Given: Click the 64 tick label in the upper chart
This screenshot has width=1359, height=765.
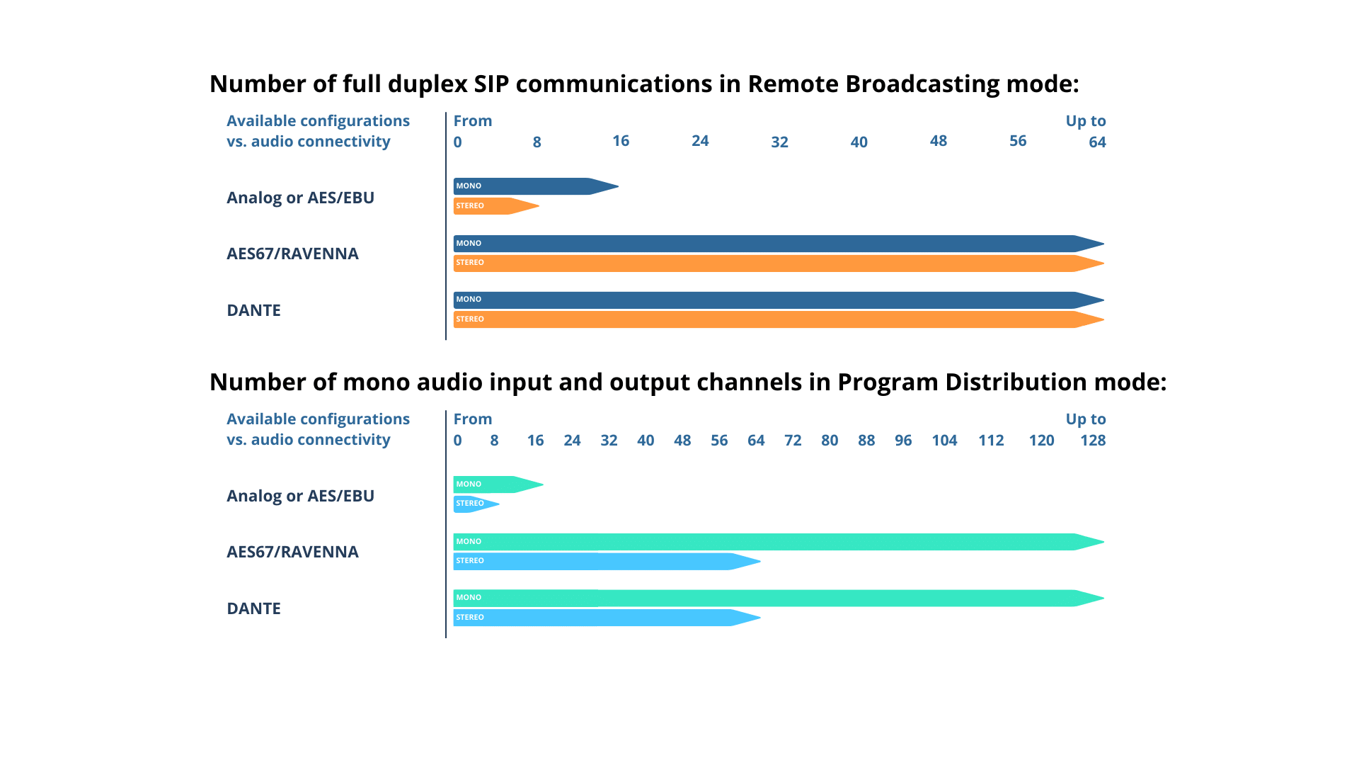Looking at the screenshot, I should tap(1097, 142).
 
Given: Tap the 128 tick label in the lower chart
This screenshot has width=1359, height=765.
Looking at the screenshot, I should tap(1093, 441).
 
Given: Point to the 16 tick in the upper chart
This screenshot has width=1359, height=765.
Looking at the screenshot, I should tap(621, 142).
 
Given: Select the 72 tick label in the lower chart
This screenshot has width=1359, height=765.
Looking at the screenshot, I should tap(793, 441).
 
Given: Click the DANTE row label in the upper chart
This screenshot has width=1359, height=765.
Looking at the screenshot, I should tap(254, 310).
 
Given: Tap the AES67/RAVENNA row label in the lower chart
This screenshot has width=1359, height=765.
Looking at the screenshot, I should tap(292, 552).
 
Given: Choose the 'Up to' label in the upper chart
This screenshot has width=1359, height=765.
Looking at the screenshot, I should tap(1086, 121).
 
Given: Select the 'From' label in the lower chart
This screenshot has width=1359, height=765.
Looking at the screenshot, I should tap(473, 419).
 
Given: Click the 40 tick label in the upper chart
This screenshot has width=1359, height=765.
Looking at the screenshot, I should tap(859, 142).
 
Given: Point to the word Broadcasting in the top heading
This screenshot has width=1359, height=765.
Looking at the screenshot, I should tap(922, 84).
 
